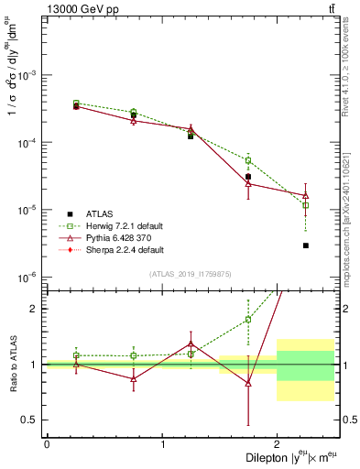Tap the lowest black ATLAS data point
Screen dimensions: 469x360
pos(305,245)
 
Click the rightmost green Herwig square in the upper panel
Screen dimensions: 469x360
pos(305,205)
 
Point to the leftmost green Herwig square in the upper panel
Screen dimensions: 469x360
pos(76,104)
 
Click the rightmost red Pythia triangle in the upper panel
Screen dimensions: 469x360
pos(305,195)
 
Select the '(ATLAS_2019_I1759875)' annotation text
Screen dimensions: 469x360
pos(190,273)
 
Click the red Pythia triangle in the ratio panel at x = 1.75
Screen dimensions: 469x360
pos(248,383)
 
